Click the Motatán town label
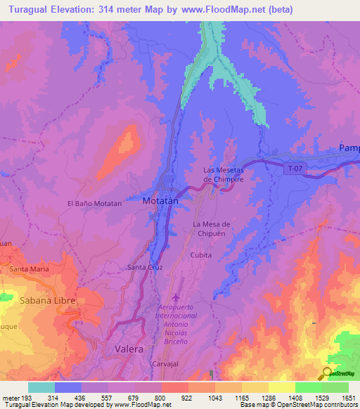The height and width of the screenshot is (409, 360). (161, 201)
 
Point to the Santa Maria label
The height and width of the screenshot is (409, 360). (29, 269)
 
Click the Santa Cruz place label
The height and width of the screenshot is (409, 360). (145, 268)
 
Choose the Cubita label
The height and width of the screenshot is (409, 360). (201, 256)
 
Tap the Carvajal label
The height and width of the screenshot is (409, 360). (167, 365)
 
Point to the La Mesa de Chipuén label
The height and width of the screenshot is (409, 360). (212, 229)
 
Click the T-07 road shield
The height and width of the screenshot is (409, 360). (295, 168)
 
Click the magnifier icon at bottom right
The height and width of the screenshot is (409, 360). (328, 372)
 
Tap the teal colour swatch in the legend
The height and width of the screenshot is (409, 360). (41, 387)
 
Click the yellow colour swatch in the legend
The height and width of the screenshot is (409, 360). (281, 387)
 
